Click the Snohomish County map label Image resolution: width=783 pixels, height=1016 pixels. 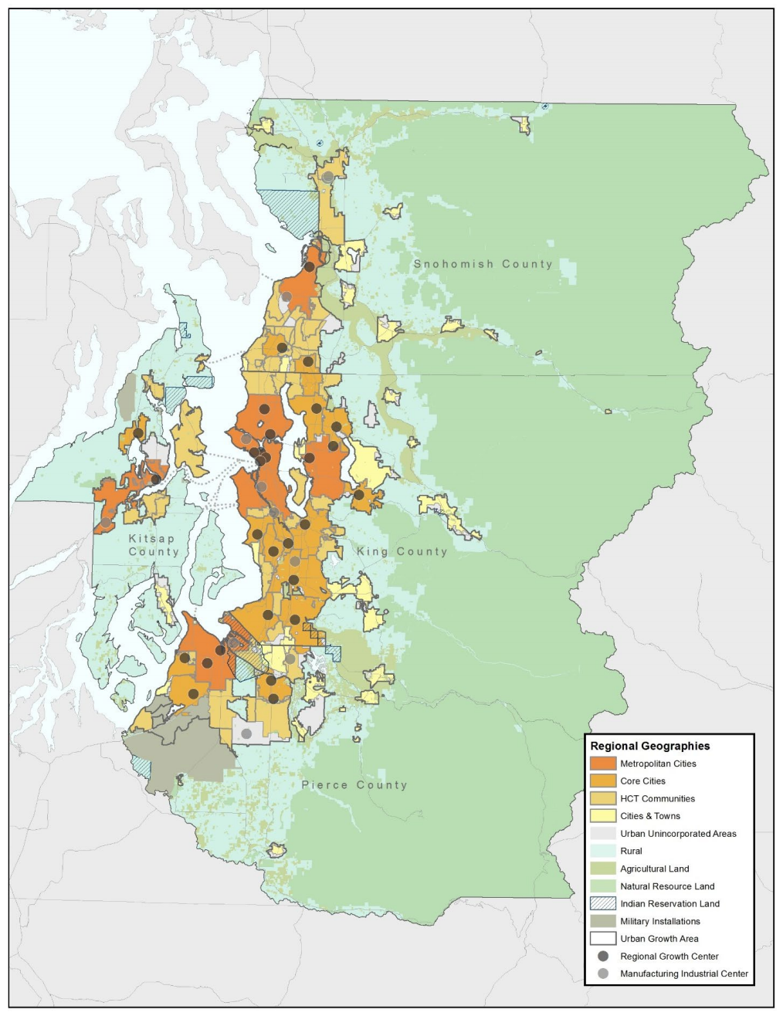(483, 264)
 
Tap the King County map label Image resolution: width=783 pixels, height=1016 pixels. (402, 551)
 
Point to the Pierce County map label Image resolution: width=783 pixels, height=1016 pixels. (354, 785)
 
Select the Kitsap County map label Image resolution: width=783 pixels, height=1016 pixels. (153, 545)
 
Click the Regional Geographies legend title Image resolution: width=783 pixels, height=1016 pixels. (649, 746)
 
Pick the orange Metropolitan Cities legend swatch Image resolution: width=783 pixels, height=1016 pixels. (602, 764)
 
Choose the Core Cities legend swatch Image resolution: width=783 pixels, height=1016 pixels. (602, 781)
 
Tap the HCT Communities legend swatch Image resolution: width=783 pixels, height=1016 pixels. (602, 798)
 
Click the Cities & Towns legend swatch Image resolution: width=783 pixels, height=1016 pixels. (602, 816)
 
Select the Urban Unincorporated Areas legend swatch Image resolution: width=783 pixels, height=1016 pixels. (602, 834)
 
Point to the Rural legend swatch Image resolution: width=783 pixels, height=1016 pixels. (602, 851)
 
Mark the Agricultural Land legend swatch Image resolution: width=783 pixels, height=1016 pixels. (602, 869)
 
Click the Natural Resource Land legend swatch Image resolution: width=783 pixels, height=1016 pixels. (602, 886)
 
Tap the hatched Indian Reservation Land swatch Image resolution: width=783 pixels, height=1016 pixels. (602, 903)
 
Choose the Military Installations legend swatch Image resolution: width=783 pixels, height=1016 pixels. (602, 921)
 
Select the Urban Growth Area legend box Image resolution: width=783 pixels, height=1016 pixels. (602, 939)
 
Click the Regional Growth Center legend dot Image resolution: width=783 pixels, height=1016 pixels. (602, 957)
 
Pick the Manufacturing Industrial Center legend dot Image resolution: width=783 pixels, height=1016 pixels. (602, 974)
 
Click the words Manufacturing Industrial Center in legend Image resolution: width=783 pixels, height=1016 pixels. (684, 974)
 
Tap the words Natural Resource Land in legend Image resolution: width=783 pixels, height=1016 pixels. (667, 886)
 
